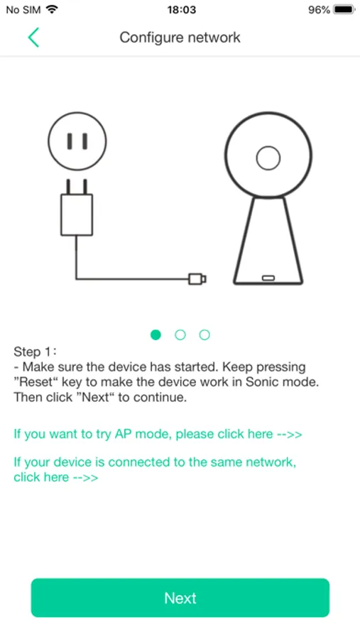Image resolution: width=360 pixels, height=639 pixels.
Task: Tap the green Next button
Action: [180, 597]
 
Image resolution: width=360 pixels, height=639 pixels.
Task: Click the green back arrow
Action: [33, 38]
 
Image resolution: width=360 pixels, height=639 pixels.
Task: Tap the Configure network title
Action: [180, 38]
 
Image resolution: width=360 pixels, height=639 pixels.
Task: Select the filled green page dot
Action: [156, 335]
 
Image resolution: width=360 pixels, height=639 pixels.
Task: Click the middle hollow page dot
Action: [180, 335]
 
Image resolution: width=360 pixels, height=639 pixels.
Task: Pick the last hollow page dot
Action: [204, 335]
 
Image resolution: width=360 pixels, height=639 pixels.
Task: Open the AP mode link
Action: [158, 434]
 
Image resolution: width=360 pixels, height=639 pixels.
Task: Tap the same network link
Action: [155, 469]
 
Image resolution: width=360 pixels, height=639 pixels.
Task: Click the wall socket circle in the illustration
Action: [77, 141]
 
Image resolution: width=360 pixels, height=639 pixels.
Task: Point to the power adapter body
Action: [77, 214]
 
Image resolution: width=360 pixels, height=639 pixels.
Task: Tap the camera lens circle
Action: [268, 158]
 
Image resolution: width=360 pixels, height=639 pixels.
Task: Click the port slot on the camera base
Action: [268, 278]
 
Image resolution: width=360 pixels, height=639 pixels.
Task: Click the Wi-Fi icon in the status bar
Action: [52, 9]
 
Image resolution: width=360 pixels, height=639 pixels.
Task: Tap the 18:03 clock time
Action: [181, 10]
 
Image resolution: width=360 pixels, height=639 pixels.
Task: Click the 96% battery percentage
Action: [320, 10]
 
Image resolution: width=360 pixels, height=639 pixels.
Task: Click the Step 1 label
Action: [36, 351]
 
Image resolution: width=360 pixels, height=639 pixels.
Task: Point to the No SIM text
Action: [23, 10]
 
